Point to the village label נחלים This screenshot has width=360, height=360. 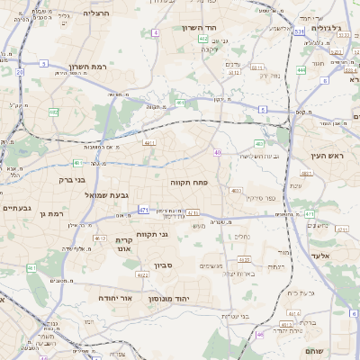coord(242,237)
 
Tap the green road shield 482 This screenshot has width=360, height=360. coord(54,112)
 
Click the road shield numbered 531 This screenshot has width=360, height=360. coord(297,32)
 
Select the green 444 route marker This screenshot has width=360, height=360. coord(301,69)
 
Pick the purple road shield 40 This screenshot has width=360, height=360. coord(218,153)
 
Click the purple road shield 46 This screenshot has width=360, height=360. coord(260,335)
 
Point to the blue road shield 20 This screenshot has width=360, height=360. coord(20,71)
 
